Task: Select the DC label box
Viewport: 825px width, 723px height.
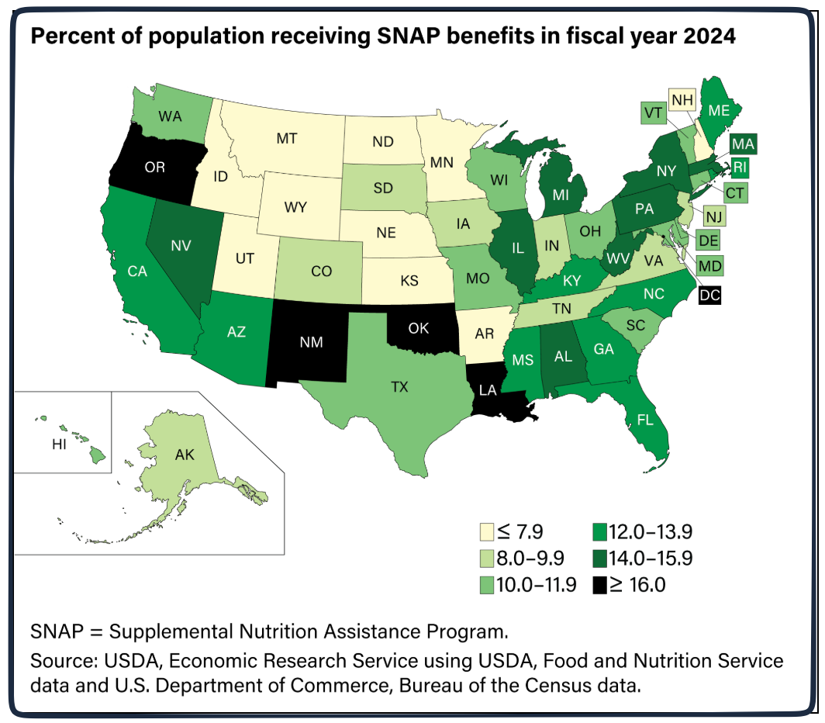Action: click(709, 294)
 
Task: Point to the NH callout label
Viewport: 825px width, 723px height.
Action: click(682, 100)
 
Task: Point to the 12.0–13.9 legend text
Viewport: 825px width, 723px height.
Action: click(651, 532)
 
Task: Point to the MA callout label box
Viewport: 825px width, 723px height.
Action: click(743, 144)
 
